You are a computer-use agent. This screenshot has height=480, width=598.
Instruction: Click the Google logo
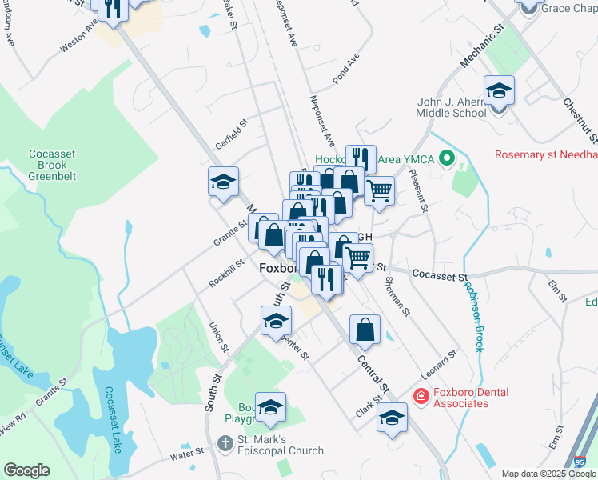pyautogui.click(x=26, y=470)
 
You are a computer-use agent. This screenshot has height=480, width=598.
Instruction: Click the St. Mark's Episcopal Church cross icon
pyautogui.click(x=226, y=442)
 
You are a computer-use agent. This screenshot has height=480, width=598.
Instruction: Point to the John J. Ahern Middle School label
pyautogui.click(x=452, y=107)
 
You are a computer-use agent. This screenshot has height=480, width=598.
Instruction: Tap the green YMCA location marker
pyautogui.click(x=447, y=159)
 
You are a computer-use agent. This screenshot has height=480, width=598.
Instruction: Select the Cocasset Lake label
pyautogui.click(x=112, y=420)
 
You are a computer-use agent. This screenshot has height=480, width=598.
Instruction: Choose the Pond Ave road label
pyautogui.click(x=347, y=73)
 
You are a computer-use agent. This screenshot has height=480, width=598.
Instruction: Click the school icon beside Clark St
pyautogui.click(x=392, y=418)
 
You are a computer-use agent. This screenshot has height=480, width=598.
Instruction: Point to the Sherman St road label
pyautogui.click(x=397, y=296)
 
